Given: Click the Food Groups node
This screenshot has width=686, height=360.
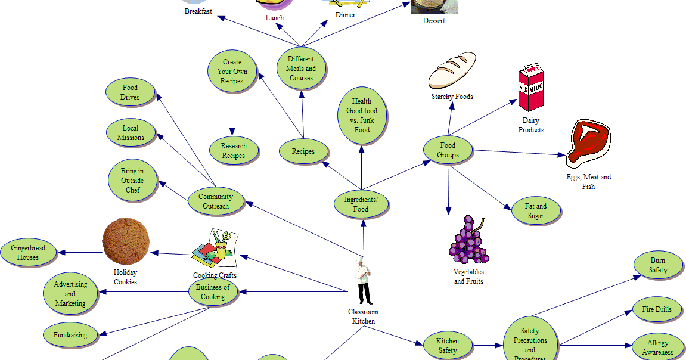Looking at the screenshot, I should [x=448, y=150].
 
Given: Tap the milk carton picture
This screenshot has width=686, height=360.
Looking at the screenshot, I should [x=530, y=88].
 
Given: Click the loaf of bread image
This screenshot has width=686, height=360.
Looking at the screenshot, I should [x=452, y=70].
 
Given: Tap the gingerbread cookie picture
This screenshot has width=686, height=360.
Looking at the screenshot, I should [x=126, y=241].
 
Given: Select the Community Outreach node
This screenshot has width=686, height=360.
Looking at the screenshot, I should [x=216, y=201].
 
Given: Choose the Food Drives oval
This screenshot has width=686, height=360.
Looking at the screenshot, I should [x=130, y=92].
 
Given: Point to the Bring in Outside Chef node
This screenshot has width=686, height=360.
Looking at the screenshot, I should [x=133, y=181].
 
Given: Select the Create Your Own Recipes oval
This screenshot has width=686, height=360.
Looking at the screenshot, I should [x=232, y=72].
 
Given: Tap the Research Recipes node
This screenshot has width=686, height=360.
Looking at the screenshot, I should [x=234, y=151].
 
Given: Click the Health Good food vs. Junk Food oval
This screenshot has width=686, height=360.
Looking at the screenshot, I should [x=362, y=116].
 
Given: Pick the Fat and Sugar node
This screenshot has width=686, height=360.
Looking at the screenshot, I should [x=535, y=211].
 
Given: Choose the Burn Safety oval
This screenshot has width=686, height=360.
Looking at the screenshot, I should [x=658, y=265].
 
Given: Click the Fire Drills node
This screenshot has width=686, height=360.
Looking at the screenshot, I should [x=657, y=309].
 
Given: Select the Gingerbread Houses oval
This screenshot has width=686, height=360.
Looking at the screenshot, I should [x=28, y=253].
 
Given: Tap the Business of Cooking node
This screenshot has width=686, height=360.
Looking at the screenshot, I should [x=213, y=292].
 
